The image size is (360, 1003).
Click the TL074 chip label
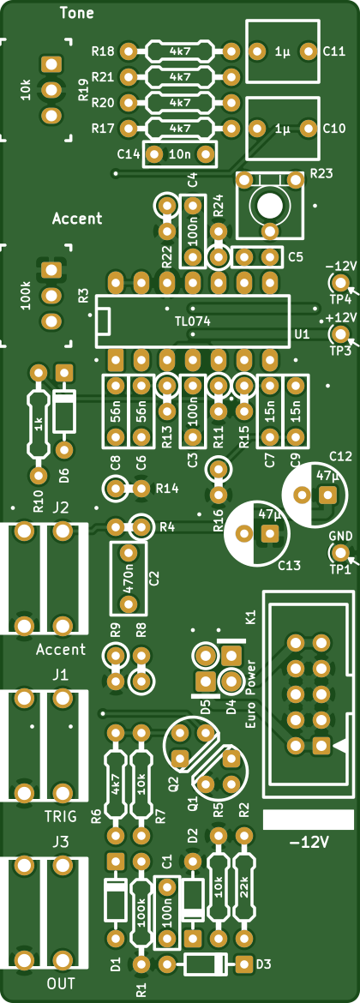(193, 321)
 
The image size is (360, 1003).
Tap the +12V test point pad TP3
(340, 333)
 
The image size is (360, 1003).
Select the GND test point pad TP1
(340, 552)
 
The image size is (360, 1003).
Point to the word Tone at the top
(76, 13)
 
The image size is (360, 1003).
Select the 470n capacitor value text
(129, 579)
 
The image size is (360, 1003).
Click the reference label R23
(321, 172)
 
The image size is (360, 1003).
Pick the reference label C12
(341, 455)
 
